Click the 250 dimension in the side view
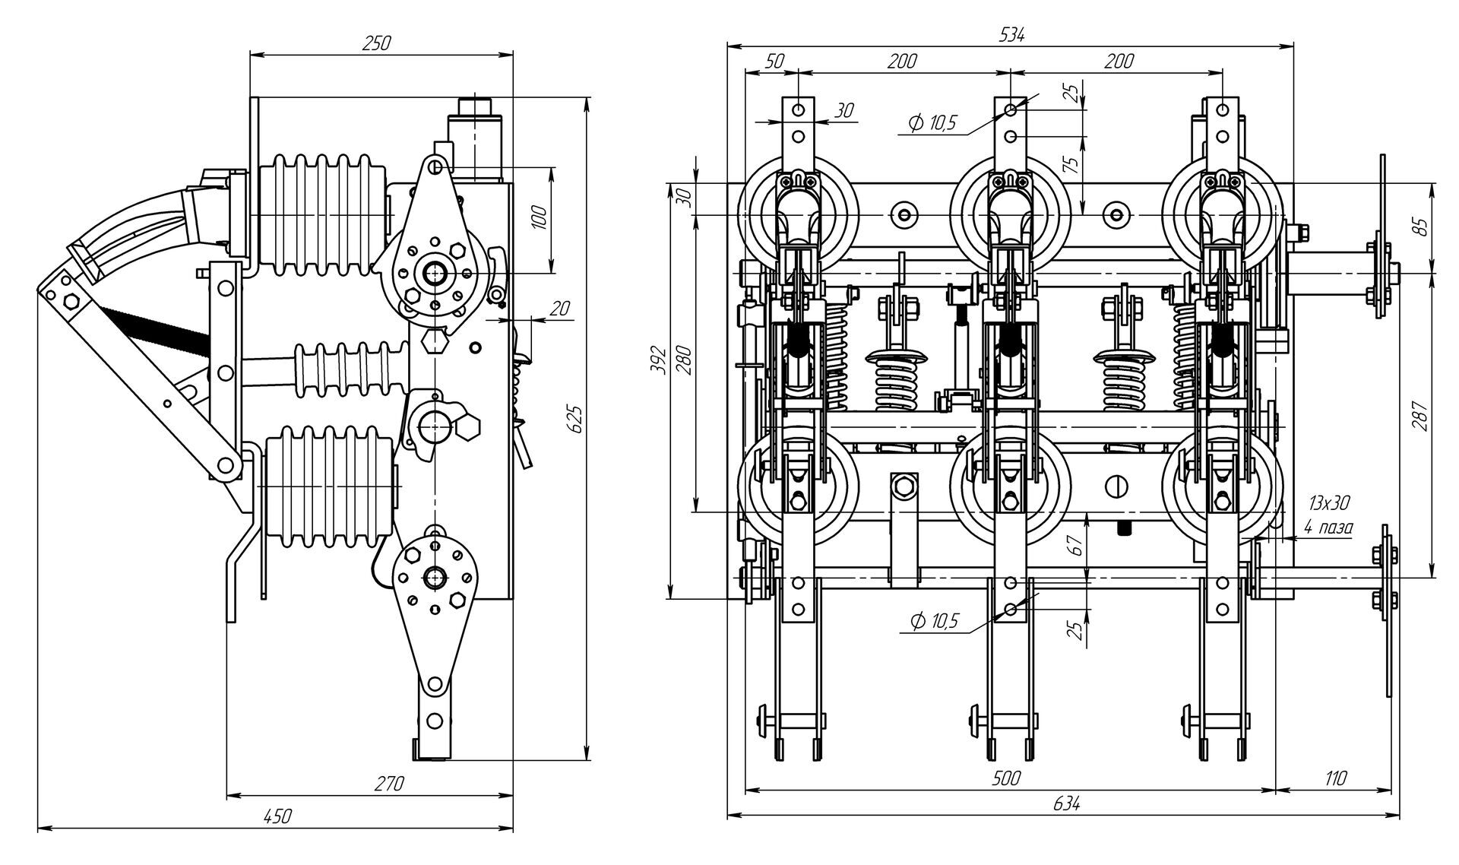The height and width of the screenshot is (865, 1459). [375, 43]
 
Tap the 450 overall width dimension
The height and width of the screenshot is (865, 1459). [277, 816]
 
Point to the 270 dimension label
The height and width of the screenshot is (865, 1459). [389, 784]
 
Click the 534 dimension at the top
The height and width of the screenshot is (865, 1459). [1011, 34]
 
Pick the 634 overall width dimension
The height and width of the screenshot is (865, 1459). [1066, 803]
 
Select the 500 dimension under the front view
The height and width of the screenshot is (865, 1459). [1007, 778]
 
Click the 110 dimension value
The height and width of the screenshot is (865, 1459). [1334, 778]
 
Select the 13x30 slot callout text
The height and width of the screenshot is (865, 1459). [1329, 502]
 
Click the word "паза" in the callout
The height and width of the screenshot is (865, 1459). [1336, 527]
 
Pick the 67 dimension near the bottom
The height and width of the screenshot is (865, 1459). [1074, 544]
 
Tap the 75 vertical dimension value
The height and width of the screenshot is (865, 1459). [1072, 166]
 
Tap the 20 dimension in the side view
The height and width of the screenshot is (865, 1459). [559, 308]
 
